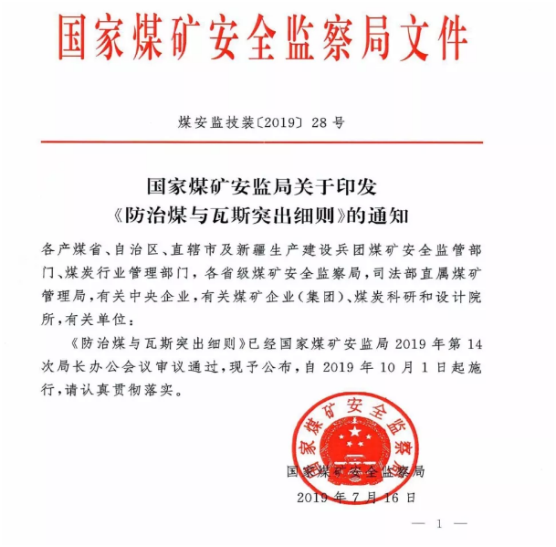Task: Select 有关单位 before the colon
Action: [x=96, y=321]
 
